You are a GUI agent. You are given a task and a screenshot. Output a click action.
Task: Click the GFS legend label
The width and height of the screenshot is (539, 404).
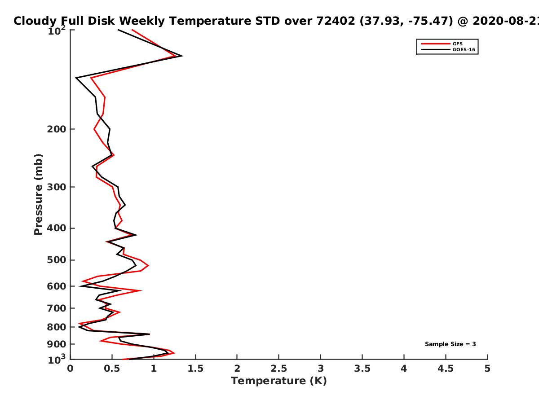point(457,44)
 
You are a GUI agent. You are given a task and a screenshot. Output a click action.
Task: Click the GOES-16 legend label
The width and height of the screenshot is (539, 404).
point(464,49)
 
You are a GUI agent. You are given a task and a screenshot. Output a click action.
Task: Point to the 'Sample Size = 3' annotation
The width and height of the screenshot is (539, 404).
point(451,344)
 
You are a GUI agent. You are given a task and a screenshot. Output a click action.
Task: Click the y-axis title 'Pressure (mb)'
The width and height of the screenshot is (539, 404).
point(38,194)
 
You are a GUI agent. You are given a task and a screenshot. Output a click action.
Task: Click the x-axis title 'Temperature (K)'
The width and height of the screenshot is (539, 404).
point(279,381)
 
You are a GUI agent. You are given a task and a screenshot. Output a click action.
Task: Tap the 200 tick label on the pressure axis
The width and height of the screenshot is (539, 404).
point(57,129)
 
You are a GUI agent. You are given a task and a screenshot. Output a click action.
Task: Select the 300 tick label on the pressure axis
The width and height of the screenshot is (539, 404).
point(57,187)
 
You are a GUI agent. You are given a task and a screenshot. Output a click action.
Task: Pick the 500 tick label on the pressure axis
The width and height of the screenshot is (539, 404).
point(57,260)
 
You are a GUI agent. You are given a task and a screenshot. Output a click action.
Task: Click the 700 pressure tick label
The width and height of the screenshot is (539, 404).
point(57,308)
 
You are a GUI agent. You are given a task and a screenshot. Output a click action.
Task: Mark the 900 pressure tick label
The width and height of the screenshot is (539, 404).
point(57,344)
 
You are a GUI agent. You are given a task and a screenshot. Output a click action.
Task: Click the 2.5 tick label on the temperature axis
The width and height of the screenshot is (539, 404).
point(279,369)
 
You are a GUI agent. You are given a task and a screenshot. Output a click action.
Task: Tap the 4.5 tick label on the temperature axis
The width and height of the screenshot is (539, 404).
point(446,369)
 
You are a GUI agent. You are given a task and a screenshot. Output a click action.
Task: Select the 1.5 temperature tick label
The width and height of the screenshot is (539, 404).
point(195,369)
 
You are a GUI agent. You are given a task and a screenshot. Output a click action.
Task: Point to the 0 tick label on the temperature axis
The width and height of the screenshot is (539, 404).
point(70,369)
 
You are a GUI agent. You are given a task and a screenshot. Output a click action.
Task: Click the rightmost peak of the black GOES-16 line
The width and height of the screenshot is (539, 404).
point(182,56)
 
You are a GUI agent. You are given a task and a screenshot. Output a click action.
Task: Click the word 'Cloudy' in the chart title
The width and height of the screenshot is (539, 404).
point(35,21)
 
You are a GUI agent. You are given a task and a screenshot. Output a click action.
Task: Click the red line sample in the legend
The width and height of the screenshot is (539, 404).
point(436,44)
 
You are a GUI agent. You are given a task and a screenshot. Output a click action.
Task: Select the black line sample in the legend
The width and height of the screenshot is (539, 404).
point(436,49)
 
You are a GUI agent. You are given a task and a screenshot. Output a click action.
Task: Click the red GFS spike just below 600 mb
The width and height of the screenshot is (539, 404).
point(141,290)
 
